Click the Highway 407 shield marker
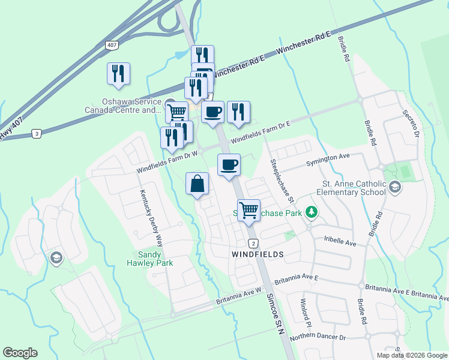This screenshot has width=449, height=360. [x=112, y=45]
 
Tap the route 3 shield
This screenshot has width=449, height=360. [x=37, y=134]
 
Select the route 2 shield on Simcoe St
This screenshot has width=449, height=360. [x=253, y=242]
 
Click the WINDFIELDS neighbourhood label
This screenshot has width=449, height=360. [x=257, y=254]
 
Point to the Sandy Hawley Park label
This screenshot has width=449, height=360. [x=150, y=259]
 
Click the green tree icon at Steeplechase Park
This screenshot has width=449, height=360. [x=311, y=212]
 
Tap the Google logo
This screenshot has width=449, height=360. [x=20, y=353]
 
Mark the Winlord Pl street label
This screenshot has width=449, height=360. [x=303, y=308]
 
